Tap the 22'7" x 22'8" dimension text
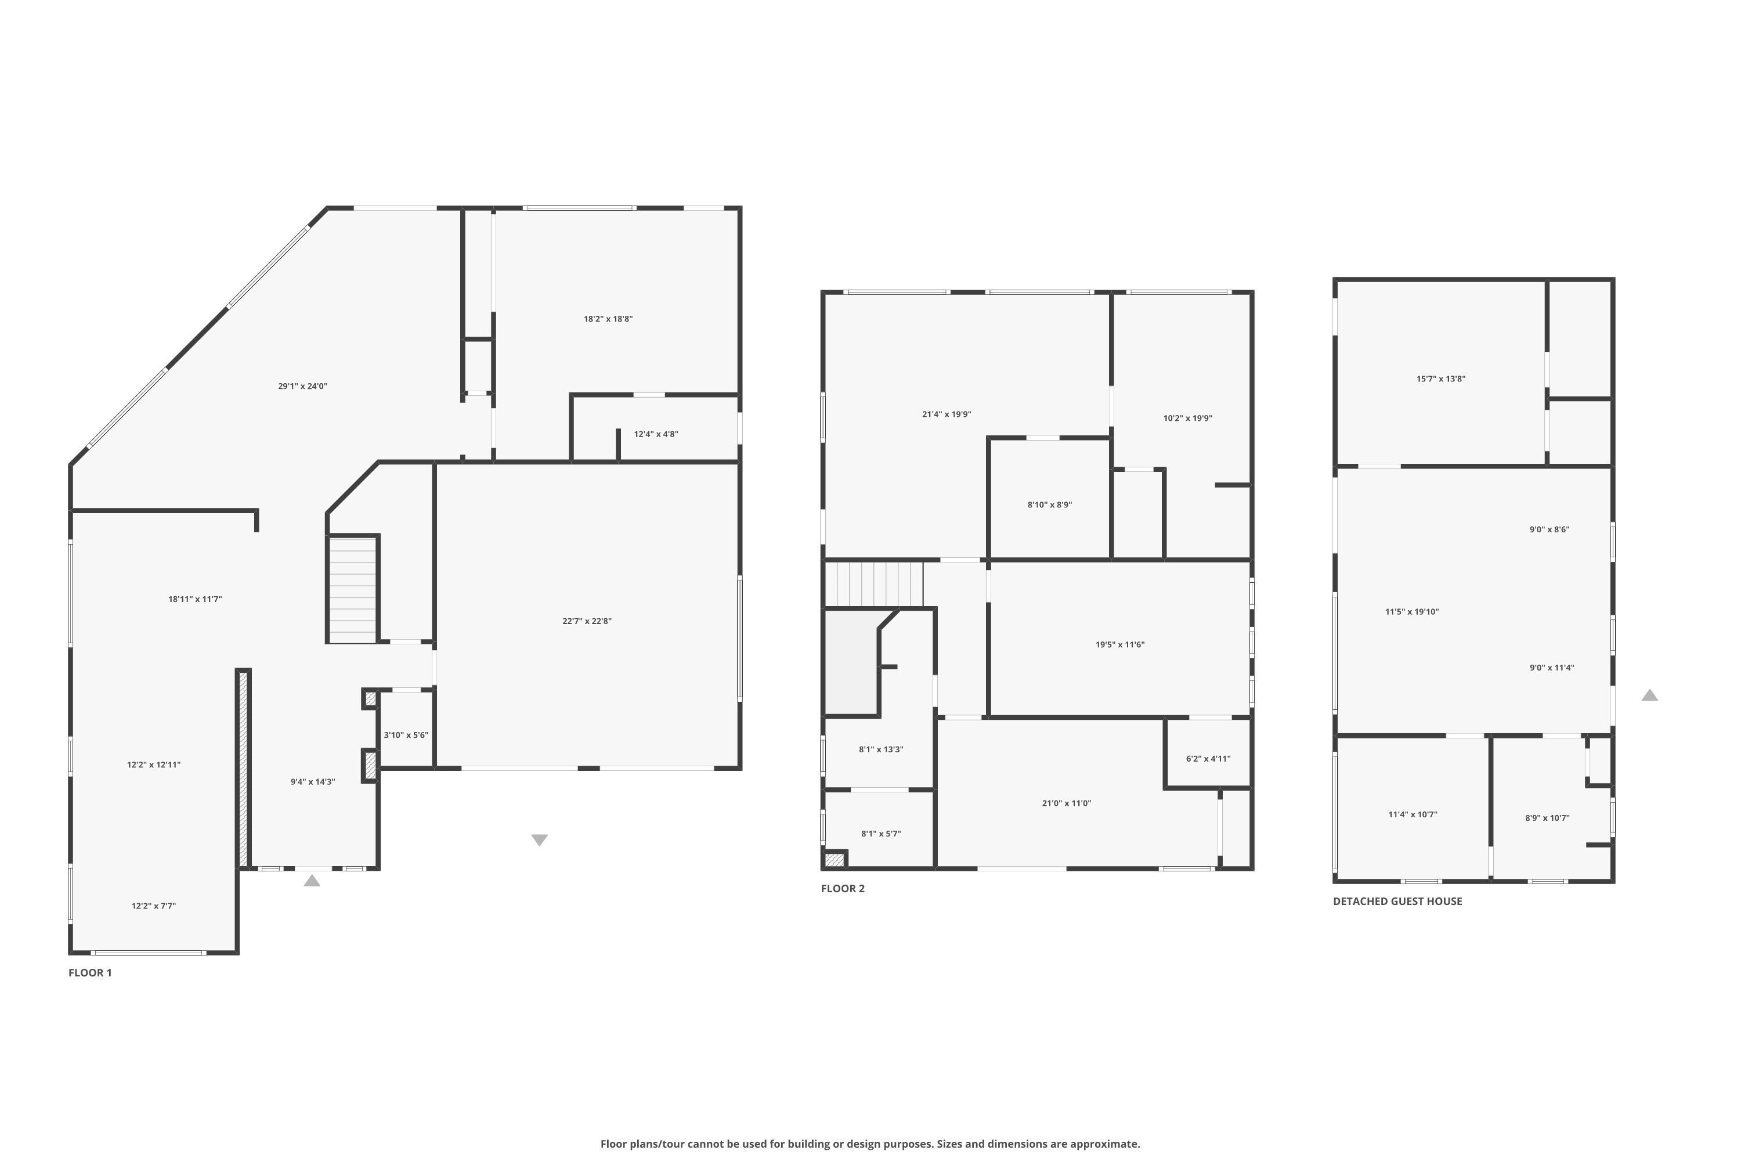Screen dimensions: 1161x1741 pos(587,621)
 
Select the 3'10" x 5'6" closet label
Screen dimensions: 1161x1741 pos(406,735)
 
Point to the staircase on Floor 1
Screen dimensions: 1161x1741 pos(353,590)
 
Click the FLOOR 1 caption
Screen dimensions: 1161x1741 pos(91,973)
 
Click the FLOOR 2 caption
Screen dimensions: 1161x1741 pos(843,889)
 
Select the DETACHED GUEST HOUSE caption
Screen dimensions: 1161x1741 pos(1397,901)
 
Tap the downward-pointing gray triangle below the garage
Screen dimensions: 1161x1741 pos(540,839)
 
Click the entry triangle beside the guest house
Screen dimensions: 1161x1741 pos(1649,695)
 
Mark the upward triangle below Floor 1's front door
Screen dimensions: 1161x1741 pos(312,881)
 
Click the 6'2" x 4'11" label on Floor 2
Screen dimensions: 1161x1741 pos(1208,758)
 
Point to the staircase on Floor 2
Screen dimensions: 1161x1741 pos(874,584)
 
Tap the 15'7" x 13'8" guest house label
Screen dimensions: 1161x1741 pos(1440,379)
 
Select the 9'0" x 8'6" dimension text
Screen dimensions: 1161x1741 pos(1549,529)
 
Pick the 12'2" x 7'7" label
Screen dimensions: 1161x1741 pos(154,906)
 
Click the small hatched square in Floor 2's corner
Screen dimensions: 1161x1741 pos(835,860)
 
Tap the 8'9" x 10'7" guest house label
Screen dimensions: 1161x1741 pos(1547,818)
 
